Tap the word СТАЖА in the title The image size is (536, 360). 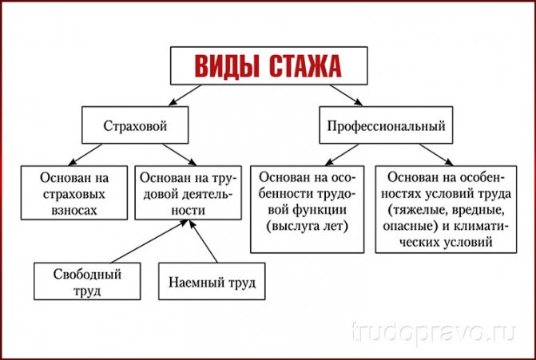pyautogui.click(x=305, y=66)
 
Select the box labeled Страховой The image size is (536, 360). pyautogui.click(x=135, y=125)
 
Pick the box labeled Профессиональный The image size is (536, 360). pyautogui.click(x=386, y=125)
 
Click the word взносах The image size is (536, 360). pyautogui.click(x=74, y=210)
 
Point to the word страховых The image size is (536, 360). pyautogui.click(x=73, y=194)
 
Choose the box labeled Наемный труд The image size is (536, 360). pyautogui.click(x=212, y=281)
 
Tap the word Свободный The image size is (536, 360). pyautogui.click(x=87, y=274)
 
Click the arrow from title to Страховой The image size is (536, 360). pyautogui.click(x=185, y=95)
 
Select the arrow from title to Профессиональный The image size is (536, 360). pyautogui.click(x=346, y=95)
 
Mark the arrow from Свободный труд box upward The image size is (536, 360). pyautogui.click(x=149, y=241)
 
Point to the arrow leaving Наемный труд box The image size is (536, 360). pyautogui.click(x=204, y=241)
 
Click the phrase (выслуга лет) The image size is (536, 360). pyautogui.click(x=307, y=226)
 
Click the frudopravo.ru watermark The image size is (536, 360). pyautogui.click(x=434, y=332)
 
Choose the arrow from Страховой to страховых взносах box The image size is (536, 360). pyautogui.click(x=85, y=155)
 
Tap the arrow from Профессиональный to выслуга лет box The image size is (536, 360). pyautogui.click(x=342, y=155)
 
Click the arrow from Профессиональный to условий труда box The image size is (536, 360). pyautogui.click(x=436, y=155)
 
